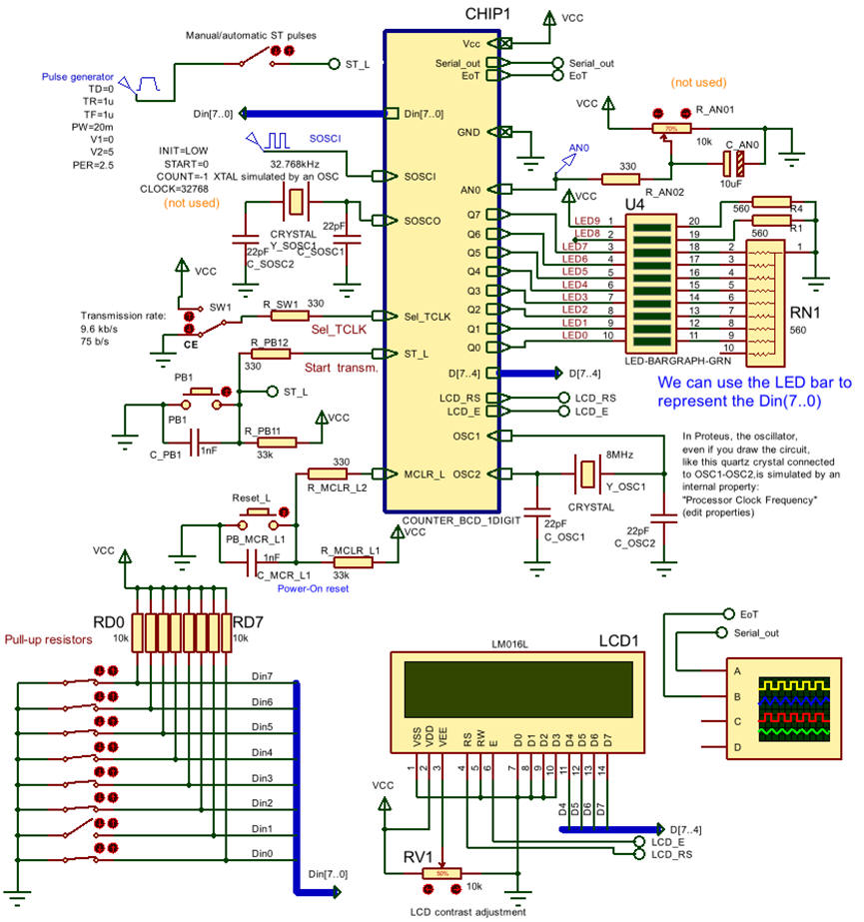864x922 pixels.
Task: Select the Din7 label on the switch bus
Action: (x=262, y=676)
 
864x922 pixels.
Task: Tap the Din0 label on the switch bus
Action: (x=262, y=853)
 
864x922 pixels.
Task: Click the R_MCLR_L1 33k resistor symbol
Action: (x=349, y=563)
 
